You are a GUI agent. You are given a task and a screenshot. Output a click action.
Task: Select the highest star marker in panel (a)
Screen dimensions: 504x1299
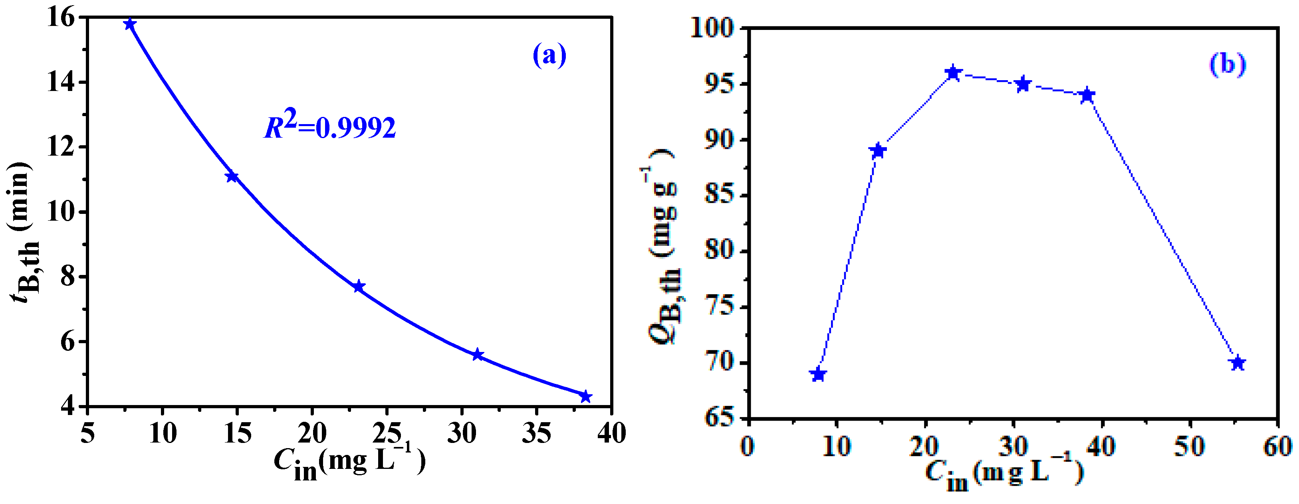(130, 24)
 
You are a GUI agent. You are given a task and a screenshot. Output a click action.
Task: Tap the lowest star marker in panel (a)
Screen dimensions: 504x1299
(585, 397)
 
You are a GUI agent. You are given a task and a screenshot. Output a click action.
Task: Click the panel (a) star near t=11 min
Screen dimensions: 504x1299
(232, 176)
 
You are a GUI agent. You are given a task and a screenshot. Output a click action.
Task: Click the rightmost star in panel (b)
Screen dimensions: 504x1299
(1238, 363)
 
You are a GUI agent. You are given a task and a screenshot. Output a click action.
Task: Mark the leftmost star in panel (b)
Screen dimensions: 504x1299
(818, 374)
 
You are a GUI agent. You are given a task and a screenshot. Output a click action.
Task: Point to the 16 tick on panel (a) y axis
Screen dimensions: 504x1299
(61, 18)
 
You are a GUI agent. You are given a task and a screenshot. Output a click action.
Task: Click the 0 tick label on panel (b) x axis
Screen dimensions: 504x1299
(748, 447)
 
